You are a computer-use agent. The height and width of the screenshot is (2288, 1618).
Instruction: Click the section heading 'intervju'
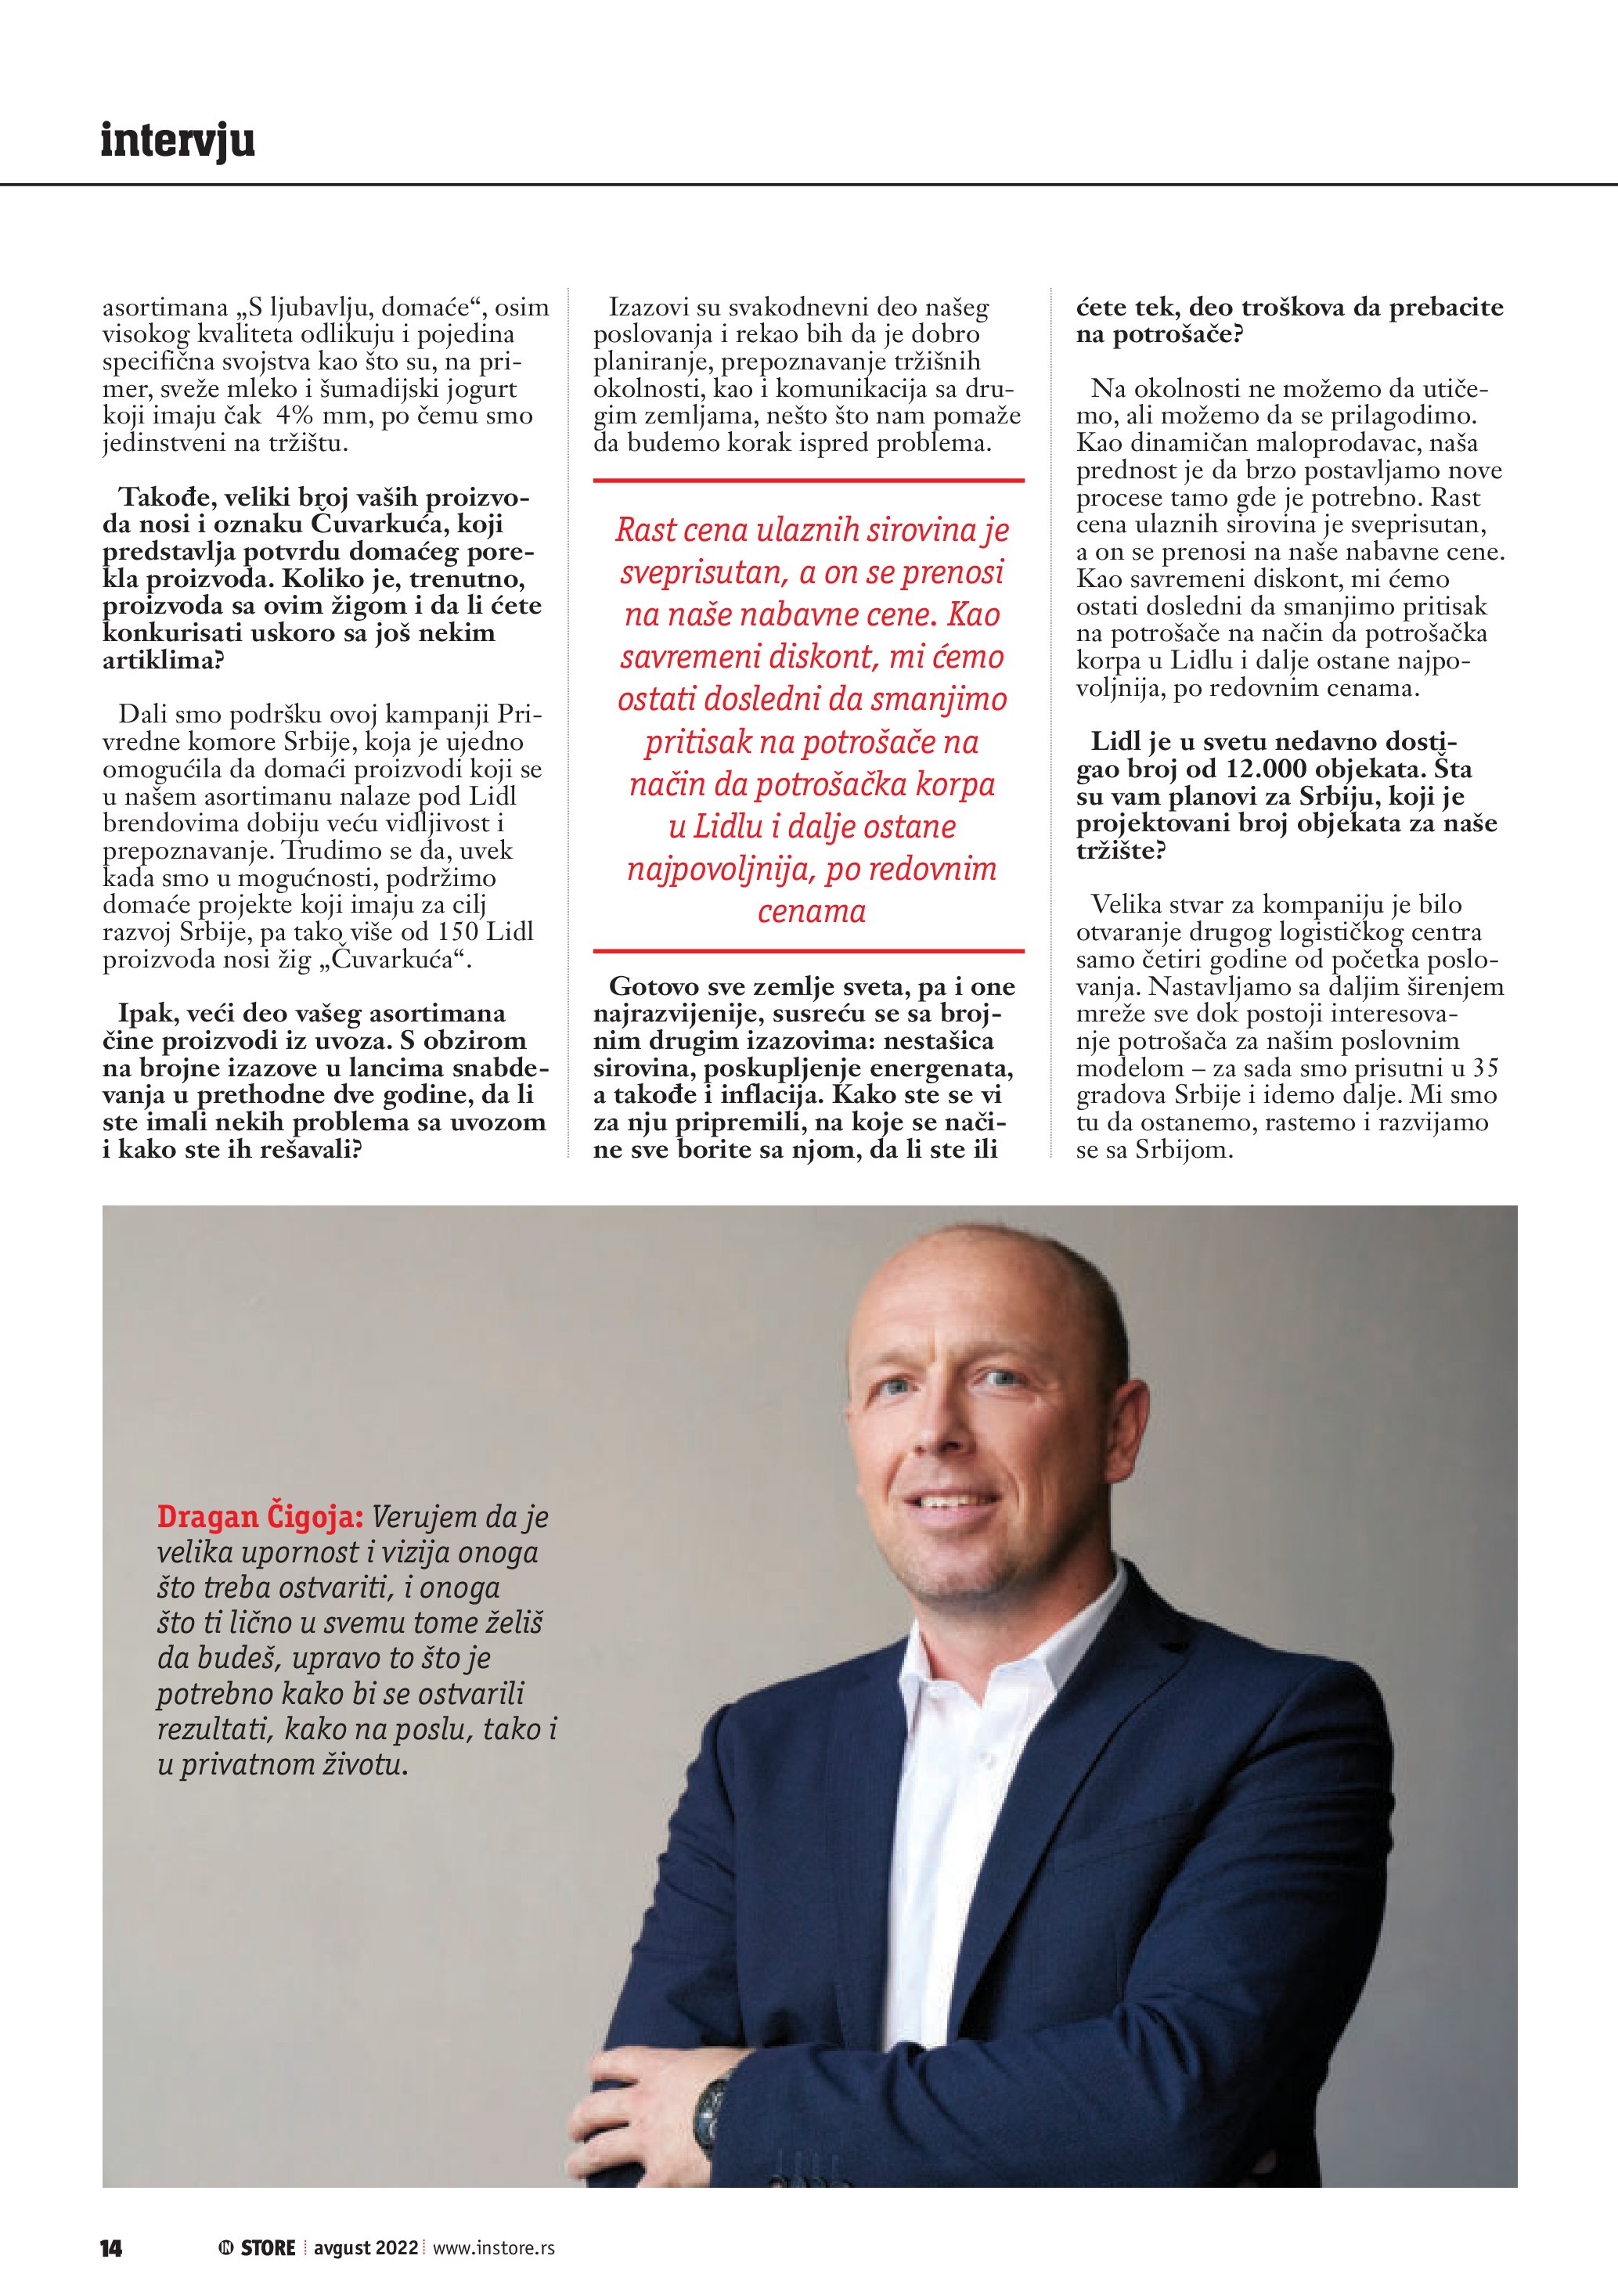[178, 141]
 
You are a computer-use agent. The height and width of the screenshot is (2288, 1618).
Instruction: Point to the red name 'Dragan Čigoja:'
[260, 1517]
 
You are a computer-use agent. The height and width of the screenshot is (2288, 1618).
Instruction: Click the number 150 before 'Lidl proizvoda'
[457, 931]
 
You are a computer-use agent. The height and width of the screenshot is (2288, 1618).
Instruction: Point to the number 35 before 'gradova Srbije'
[1484, 1067]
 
